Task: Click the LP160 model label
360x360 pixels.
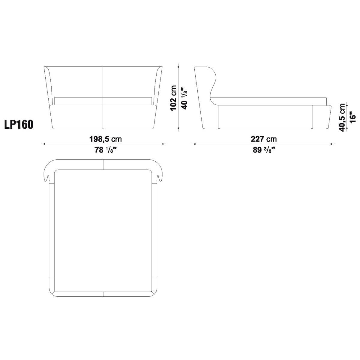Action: tap(19, 124)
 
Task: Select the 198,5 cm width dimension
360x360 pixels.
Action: tap(106, 139)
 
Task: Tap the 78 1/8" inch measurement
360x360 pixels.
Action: tap(106, 150)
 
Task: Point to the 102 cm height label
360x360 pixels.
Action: tap(173, 98)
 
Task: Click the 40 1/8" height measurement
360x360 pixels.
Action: tap(184, 98)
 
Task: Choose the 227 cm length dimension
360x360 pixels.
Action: tap(264, 139)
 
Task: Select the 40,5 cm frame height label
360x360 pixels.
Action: tap(342, 118)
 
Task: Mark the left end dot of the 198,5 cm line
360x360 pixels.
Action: tap(44, 144)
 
